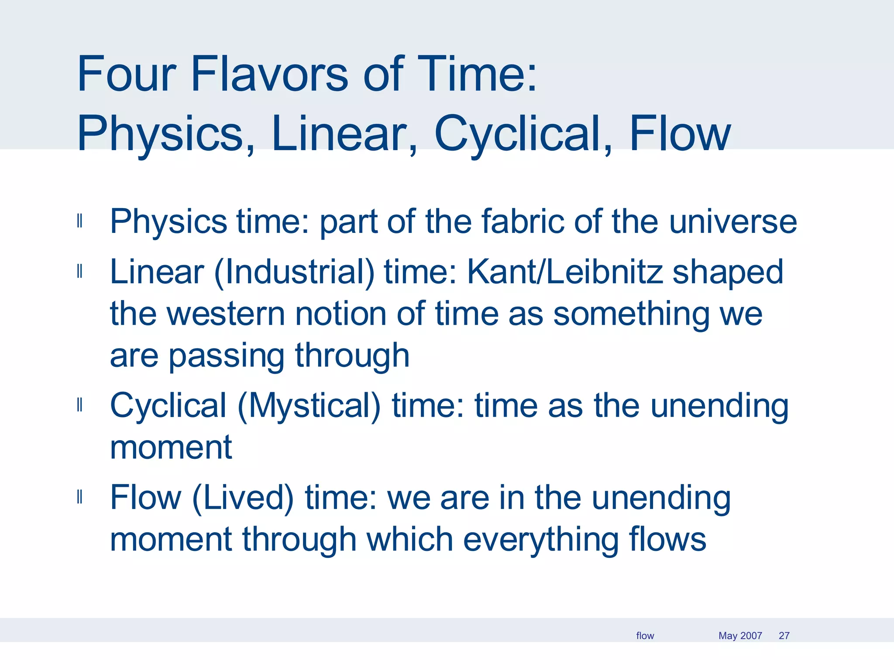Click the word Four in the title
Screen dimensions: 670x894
tap(127, 74)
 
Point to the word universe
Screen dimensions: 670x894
tap(733, 222)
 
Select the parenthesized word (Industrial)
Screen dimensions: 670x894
tap(294, 273)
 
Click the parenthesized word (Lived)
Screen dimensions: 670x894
tap(243, 498)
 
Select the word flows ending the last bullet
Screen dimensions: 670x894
tap(667, 539)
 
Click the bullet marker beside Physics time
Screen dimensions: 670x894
tap(79, 221)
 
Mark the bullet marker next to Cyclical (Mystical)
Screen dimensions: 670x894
tap(79, 405)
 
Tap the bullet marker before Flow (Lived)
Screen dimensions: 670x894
tap(79, 497)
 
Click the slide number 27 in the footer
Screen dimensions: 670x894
tap(784, 636)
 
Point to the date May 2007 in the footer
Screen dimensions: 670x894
tap(740, 636)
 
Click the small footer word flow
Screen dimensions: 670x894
tap(645, 636)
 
